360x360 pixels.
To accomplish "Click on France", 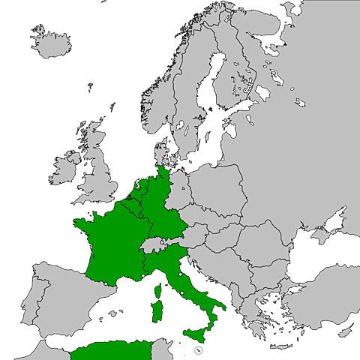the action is click(109, 240).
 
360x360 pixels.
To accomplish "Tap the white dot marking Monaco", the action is click(143, 277).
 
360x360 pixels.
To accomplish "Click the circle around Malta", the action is click(198, 349).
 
